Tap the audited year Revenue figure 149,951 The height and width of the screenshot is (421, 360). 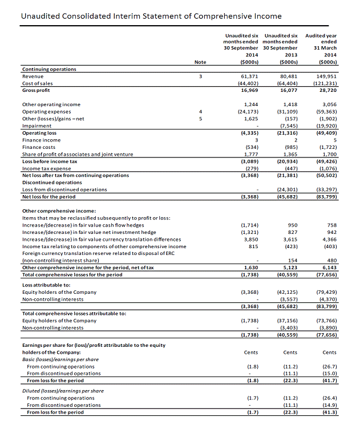tap(326, 76)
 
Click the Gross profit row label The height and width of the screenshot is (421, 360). tap(36, 90)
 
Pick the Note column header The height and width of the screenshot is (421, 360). tap(200, 62)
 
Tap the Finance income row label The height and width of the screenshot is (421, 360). tap(41, 140)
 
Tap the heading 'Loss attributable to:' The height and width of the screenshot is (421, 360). tap(46, 284)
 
